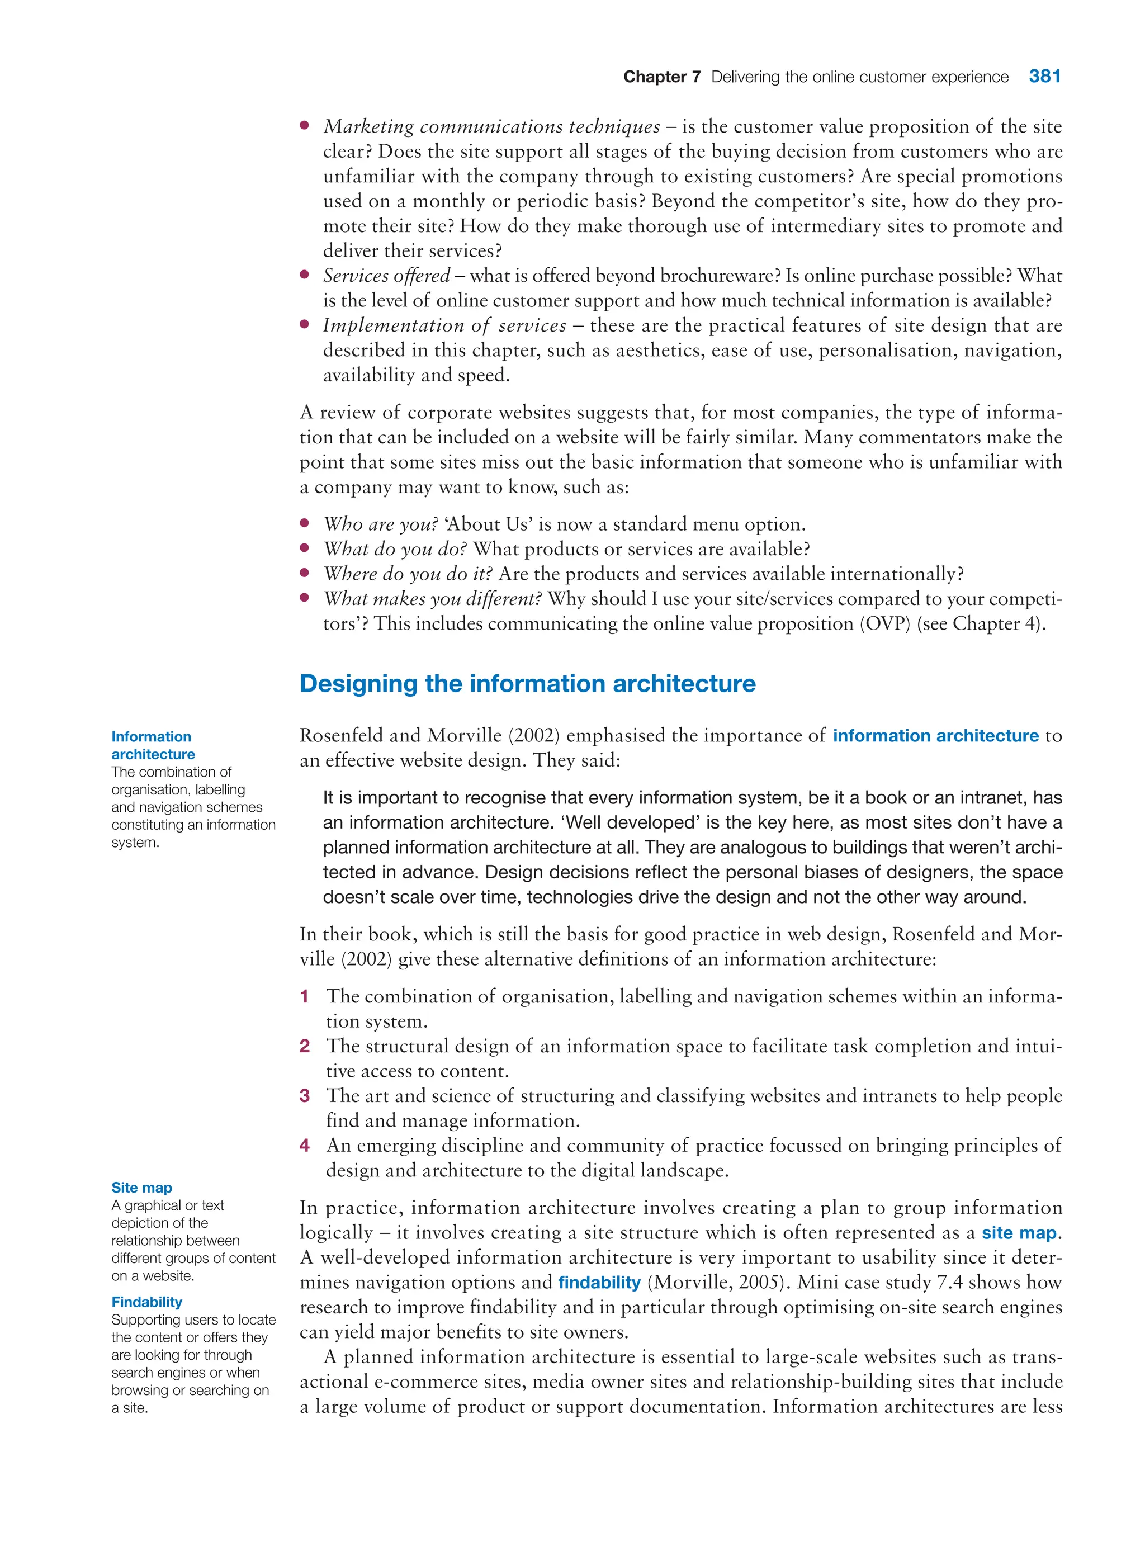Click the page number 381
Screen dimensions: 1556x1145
tap(1044, 76)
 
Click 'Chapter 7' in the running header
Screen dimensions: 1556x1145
tap(661, 77)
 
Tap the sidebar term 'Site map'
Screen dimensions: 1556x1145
tap(141, 1188)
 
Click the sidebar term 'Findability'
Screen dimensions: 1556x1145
tap(146, 1302)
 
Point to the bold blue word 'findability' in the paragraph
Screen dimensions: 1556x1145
tap(599, 1282)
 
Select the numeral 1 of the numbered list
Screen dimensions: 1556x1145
tap(304, 997)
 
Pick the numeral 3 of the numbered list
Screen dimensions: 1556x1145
tap(304, 1096)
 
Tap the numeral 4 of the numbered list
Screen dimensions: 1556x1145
tap(304, 1146)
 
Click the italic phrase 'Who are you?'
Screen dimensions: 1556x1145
tap(381, 524)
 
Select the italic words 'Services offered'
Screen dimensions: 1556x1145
tap(386, 276)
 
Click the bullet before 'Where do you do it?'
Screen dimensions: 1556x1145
tap(304, 573)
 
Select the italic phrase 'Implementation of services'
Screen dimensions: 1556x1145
tap(444, 326)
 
